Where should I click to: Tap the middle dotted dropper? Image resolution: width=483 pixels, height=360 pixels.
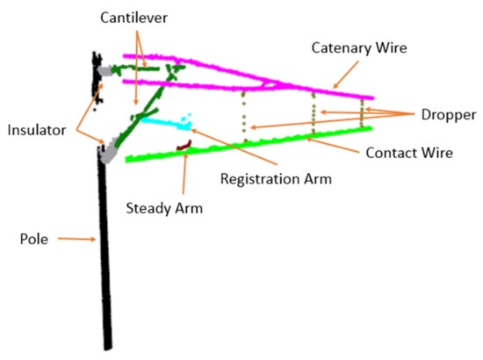[314, 114]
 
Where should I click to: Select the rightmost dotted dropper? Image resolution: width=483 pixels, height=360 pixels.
[361, 112]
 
